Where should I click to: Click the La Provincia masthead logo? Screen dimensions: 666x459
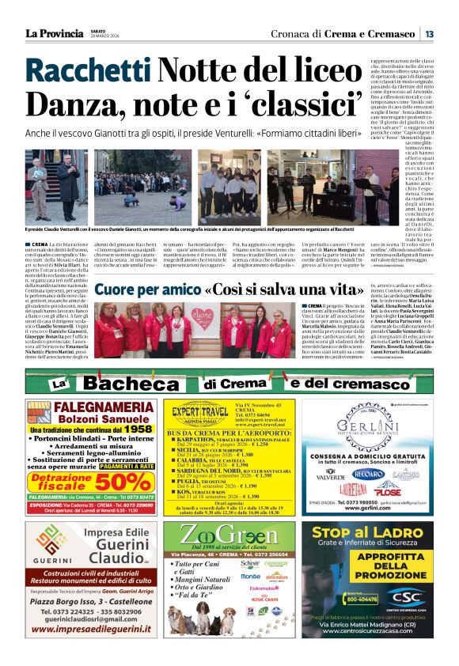point(54,33)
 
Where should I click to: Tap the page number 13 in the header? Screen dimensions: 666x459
point(428,34)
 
